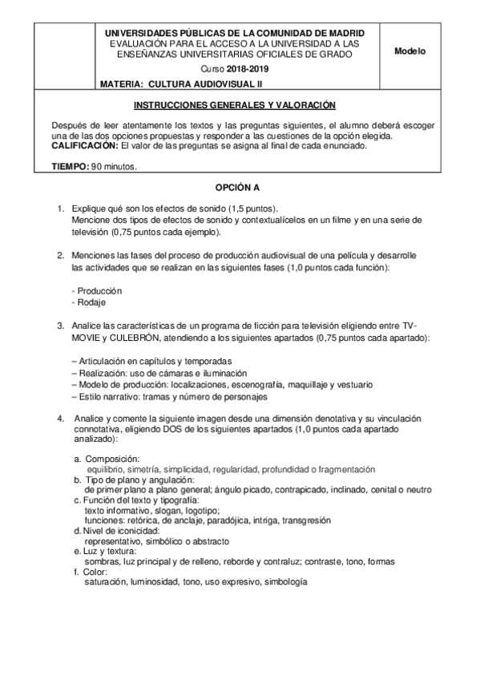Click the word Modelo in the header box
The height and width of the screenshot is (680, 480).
410,51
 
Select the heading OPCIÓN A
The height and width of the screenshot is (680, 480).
240,188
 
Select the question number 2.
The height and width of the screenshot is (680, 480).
60,255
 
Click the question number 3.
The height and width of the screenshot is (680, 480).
60,326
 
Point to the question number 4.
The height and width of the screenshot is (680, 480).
60,419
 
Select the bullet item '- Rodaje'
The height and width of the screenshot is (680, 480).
89,302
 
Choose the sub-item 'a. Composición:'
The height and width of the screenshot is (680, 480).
107,458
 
